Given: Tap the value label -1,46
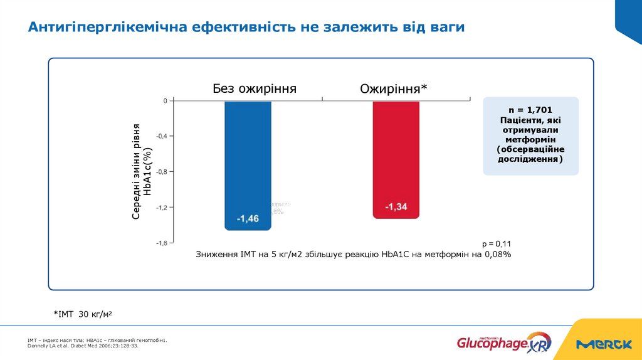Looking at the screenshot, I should (x=248, y=219).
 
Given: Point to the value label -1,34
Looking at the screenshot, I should (x=396, y=207).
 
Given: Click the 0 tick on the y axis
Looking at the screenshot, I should (x=165, y=101).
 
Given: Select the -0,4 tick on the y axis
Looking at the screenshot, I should (x=161, y=136).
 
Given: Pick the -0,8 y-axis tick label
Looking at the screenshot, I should (x=161, y=171).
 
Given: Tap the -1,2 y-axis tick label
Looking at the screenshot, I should (x=161, y=207).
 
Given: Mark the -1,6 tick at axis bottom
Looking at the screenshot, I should (x=161, y=243).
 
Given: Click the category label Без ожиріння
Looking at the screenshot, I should (x=254, y=88).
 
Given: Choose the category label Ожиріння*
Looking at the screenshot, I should (x=393, y=89).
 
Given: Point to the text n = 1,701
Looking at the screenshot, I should (x=530, y=110).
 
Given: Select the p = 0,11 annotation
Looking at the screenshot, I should (x=497, y=243).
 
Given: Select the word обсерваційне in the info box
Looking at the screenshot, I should (x=534, y=149).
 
